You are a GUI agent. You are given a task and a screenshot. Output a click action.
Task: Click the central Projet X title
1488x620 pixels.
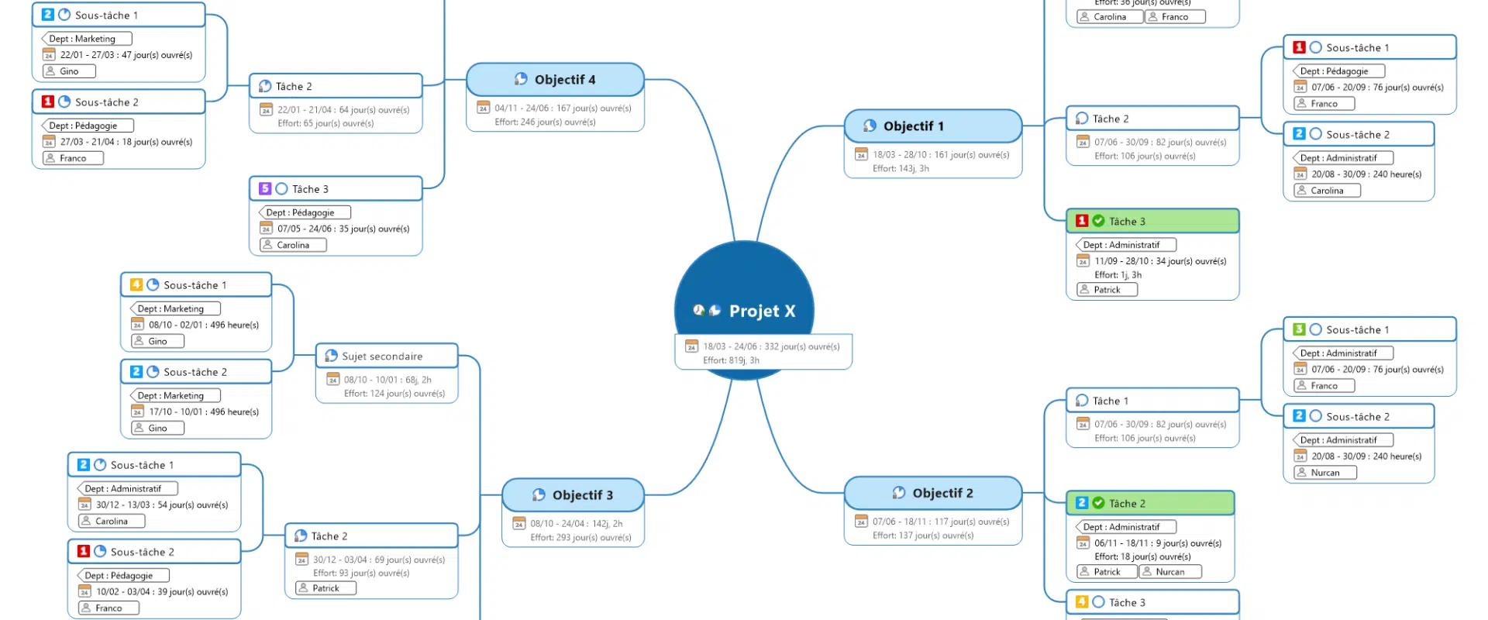point(762,311)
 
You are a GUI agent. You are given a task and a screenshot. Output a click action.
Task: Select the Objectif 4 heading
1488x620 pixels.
point(565,80)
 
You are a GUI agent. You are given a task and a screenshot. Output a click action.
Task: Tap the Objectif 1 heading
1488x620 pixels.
point(914,126)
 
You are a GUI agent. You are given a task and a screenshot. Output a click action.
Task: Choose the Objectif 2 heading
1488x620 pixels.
point(942,493)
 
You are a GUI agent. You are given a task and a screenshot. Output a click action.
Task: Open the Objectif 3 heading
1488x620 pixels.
point(582,495)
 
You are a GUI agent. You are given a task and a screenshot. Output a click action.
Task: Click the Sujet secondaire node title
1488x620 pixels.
point(382,356)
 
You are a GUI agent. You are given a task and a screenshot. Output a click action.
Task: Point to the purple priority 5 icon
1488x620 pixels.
point(265,189)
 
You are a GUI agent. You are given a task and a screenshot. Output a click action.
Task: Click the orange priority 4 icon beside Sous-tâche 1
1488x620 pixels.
point(136,285)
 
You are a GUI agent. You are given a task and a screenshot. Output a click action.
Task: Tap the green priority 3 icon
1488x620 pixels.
point(1300,329)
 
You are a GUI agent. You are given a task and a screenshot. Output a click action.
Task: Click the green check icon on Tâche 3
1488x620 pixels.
point(1098,221)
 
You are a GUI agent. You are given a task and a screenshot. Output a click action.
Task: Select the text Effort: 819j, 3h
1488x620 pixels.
point(731,360)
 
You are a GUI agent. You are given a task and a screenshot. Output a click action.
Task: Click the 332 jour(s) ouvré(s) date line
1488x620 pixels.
point(771,346)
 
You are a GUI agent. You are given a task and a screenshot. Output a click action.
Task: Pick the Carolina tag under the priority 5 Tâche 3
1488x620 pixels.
point(293,245)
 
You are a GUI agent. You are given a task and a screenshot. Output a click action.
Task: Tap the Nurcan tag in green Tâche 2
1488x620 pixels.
point(1169,572)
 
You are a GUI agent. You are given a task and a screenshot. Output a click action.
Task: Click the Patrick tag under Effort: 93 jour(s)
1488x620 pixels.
point(325,588)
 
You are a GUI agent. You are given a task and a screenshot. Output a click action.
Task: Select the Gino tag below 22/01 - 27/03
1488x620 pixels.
point(69,71)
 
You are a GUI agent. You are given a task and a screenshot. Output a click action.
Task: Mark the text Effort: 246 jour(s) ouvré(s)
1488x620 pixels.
point(545,122)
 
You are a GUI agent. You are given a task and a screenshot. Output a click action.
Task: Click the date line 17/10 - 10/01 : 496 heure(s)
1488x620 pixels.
point(204,412)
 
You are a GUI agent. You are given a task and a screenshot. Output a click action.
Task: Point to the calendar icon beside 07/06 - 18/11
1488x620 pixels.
point(861,522)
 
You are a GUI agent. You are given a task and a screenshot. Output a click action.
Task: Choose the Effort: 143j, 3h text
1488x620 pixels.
point(901,168)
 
